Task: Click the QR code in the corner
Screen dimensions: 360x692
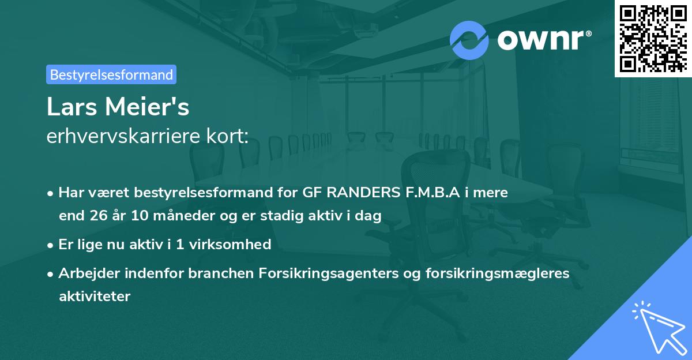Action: pos(653,39)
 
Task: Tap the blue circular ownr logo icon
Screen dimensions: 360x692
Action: pos(469,39)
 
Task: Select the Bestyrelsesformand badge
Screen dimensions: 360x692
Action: pos(111,74)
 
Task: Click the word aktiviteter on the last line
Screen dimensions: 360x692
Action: pos(95,297)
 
